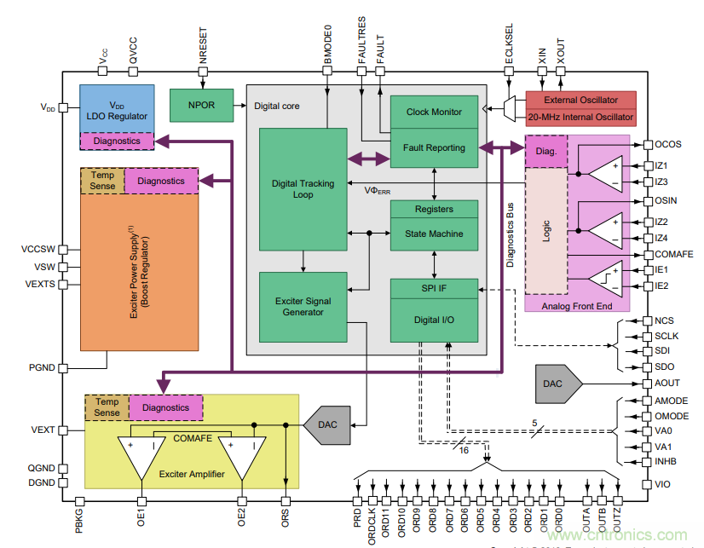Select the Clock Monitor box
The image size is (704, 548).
tap(434, 112)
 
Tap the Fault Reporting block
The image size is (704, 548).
tap(434, 147)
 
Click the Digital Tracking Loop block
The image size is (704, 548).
tap(303, 188)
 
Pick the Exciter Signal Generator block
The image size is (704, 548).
tap(303, 306)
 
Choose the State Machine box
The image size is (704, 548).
tap(434, 234)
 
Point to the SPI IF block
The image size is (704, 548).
tap(434, 289)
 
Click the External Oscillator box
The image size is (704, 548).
tap(580, 100)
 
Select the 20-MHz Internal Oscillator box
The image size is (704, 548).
tap(580, 118)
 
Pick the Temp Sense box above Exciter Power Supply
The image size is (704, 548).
tap(102, 180)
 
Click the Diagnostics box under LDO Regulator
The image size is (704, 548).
tap(117, 141)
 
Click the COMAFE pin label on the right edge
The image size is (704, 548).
tap(672, 254)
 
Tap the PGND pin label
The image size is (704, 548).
tap(42, 367)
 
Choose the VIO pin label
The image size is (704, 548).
tap(662, 483)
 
